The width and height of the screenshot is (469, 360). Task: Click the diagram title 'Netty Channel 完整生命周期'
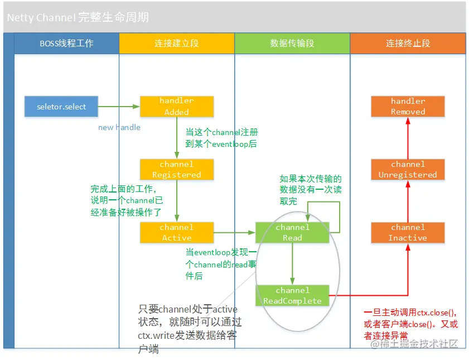point(78,17)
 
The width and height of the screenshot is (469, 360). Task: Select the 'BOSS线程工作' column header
point(66,43)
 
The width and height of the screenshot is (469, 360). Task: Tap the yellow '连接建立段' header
point(176,43)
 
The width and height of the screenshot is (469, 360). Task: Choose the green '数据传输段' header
point(292,43)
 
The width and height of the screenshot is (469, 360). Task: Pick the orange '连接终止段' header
point(408,43)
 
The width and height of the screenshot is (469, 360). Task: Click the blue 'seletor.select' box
point(61,106)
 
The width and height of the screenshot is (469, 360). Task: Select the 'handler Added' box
point(176,106)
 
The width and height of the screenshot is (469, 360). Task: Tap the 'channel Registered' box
point(176,169)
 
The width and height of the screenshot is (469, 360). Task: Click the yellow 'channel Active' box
point(176,232)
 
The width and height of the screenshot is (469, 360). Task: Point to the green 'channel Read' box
point(292,232)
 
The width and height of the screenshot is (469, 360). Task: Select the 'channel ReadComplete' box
point(292,295)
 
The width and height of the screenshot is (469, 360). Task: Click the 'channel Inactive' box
point(408,232)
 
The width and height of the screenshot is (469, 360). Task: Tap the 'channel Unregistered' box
point(408,169)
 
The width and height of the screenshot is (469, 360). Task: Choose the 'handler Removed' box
point(408,106)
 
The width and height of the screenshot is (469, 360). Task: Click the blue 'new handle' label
point(119,127)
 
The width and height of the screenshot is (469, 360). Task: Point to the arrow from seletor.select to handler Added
point(119,106)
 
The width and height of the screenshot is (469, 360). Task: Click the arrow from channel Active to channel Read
point(234,232)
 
